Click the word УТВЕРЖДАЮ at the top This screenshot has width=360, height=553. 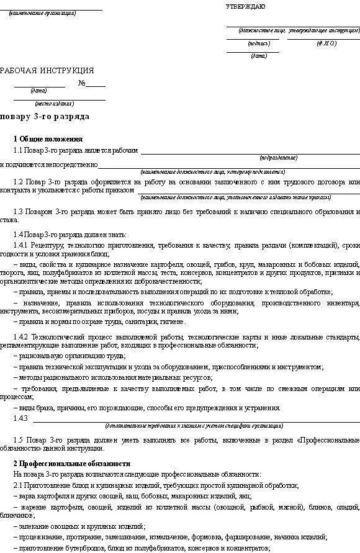(245, 6)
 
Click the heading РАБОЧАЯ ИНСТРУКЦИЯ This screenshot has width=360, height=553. (47, 71)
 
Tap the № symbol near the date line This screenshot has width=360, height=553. (81, 83)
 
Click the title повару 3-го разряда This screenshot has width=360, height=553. (45, 116)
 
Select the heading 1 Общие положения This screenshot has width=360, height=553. (48, 139)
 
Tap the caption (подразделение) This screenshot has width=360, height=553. (279, 158)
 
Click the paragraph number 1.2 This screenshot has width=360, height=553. (19, 182)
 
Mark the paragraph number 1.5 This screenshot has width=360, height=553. (19, 439)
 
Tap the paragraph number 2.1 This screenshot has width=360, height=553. (18, 485)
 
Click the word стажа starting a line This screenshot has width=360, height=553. (9, 220)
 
